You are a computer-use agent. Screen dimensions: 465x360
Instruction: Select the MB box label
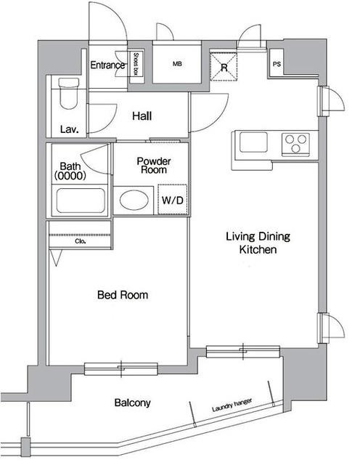pos(177,65)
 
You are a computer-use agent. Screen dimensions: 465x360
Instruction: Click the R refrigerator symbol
pos(224,68)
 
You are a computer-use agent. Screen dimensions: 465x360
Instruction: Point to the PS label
pos(277,64)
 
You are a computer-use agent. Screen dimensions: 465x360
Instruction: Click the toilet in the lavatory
pos(67,92)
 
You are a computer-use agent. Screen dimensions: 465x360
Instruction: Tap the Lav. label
pos(70,130)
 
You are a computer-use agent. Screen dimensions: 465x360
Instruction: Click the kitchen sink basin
pos(255,142)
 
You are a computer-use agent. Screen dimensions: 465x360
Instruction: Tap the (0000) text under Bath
pos(70,176)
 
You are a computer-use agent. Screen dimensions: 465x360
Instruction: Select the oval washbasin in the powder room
pos(133,200)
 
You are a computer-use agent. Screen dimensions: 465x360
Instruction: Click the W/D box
pos(172,200)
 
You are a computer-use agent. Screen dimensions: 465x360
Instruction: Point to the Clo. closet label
pos(81,242)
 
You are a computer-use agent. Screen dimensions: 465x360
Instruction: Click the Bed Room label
pos(123,295)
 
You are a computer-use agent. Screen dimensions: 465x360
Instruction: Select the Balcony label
pos(132,403)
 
